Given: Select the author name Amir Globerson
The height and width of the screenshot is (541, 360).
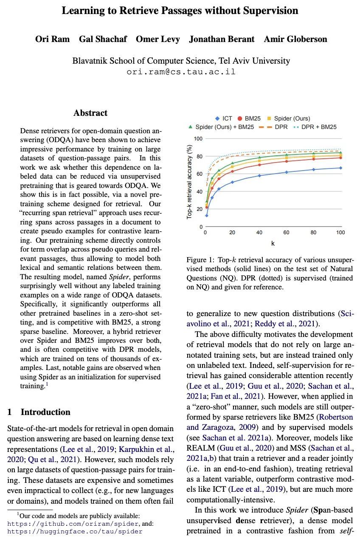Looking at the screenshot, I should tap(295, 39).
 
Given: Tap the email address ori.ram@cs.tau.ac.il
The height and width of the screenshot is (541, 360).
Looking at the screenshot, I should tap(181, 71).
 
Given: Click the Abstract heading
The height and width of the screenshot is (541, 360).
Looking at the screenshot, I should tap(90, 113).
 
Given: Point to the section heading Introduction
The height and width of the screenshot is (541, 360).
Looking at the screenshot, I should tap(45, 412).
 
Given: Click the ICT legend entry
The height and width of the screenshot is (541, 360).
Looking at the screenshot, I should tap(224, 118).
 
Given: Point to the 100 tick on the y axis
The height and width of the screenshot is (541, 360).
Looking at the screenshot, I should tap(198, 139).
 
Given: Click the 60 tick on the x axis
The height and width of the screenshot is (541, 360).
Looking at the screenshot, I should tap(286, 233).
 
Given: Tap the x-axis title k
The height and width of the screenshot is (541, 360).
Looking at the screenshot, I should tap(273, 244).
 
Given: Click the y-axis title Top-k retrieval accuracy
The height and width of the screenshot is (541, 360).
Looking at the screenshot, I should tap(190, 182).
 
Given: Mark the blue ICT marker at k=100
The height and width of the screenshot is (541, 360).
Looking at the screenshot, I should tap(340, 168).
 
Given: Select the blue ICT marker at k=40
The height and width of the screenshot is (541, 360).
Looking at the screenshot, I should tap(259, 175).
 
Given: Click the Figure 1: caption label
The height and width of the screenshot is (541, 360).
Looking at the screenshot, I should tap(201, 260).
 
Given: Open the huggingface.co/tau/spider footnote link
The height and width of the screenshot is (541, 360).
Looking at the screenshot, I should tap(75, 531).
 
